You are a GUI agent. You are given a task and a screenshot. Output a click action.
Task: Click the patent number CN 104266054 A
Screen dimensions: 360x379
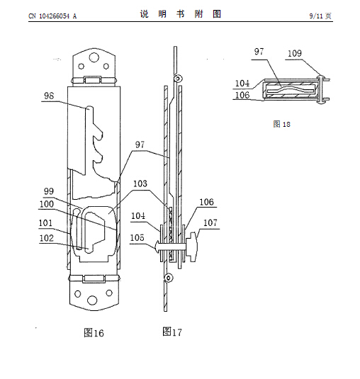click(x=52, y=16)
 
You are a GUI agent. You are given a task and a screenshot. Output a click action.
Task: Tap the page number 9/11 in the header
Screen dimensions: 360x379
click(x=316, y=16)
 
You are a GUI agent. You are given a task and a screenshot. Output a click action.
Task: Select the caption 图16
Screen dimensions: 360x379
click(x=94, y=333)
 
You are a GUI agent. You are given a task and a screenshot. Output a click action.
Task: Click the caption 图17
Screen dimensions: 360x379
click(x=172, y=332)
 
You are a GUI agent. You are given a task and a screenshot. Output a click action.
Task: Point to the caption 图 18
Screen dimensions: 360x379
click(x=281, y=124)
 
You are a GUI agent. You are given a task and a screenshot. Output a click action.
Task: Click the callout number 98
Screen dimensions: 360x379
click(x=49, y=96)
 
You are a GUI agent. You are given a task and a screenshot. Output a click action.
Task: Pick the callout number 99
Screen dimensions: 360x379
click(x=49, y=191)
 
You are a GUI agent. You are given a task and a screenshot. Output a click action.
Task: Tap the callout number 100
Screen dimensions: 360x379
click(x=47, y=204)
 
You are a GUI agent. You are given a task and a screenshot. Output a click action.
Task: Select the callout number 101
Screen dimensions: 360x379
click(x=45, y=222)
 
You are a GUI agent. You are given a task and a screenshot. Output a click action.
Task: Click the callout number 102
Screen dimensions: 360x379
click(x=46, y=238)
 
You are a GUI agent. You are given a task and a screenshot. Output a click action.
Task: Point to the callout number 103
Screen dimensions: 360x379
click(x=140, y=183)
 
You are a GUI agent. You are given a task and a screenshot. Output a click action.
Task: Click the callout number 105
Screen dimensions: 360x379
click(x=137, y=238)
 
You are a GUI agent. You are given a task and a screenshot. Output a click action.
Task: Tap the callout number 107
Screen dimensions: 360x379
click(x=210, y=222)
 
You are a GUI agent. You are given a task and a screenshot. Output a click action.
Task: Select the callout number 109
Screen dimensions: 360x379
click(x=295, y=53)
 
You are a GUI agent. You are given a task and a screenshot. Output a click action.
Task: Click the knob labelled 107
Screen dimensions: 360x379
click(x=192, y=247)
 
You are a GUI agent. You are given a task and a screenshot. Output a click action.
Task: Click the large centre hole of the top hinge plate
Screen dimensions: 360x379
click(x=94, y=57)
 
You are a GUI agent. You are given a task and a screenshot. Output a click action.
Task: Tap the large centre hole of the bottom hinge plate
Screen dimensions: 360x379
click(x=92, y=300)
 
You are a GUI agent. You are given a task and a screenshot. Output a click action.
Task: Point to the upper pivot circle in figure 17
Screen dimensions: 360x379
click(x=178, y=79)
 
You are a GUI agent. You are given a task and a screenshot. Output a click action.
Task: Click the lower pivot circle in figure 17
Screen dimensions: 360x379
click(x=169, y=278)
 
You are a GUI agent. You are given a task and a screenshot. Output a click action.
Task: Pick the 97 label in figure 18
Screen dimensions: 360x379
click(x=259, y=52)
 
